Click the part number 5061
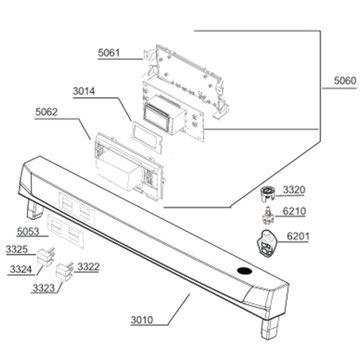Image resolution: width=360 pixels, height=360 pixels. pyautogui.click(x=109, y=53)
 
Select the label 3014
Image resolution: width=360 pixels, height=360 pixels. pyautogui.click(x=84, y=91)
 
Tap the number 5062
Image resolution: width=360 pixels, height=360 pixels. pyautogui.click(x=46, y=112)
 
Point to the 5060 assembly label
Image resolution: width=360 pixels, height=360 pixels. pyautogui.click(x=345, y=81)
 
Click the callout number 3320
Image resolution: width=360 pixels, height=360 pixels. pyautogui.click(x=294, y=190)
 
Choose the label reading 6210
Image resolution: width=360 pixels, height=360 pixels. pyautogui.click(x=294, y=211)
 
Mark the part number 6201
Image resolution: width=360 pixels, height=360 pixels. pyautogui.click(x=298, y=236)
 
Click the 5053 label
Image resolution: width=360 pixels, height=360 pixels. pyautogui.click(x=28, y=232)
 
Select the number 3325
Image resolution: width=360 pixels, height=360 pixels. pyautogui.click(x=17, y=249)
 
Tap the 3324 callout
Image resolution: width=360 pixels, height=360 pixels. pyautogui.click(x=21, y=269)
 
